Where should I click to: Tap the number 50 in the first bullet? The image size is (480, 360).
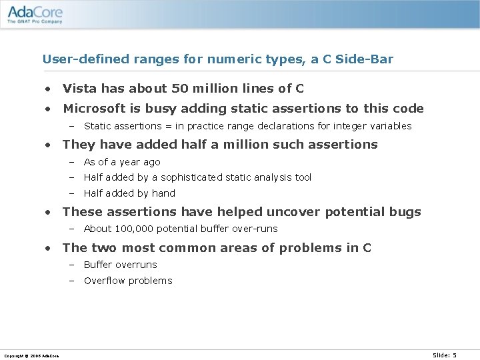[x=180, y=89]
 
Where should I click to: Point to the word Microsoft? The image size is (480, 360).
[x=93, y=109]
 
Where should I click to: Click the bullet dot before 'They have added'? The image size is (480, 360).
[x=49, y=145]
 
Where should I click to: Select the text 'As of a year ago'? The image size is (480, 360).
[x=122, y=162]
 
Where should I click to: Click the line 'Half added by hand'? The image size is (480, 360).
[x=129, y=193]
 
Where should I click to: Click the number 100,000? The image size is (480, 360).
[x=135, y=229]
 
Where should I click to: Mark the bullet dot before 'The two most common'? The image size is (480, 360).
[x=49, y=249]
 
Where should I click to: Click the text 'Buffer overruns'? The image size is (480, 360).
[x=121, y=265]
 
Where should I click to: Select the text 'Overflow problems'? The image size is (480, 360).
[x=128, y=281]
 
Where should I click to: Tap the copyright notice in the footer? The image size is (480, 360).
[x=31, y=356]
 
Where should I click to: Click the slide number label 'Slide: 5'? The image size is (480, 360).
[x=445, y=355]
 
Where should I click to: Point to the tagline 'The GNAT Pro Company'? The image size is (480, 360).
[x=35, y=21]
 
